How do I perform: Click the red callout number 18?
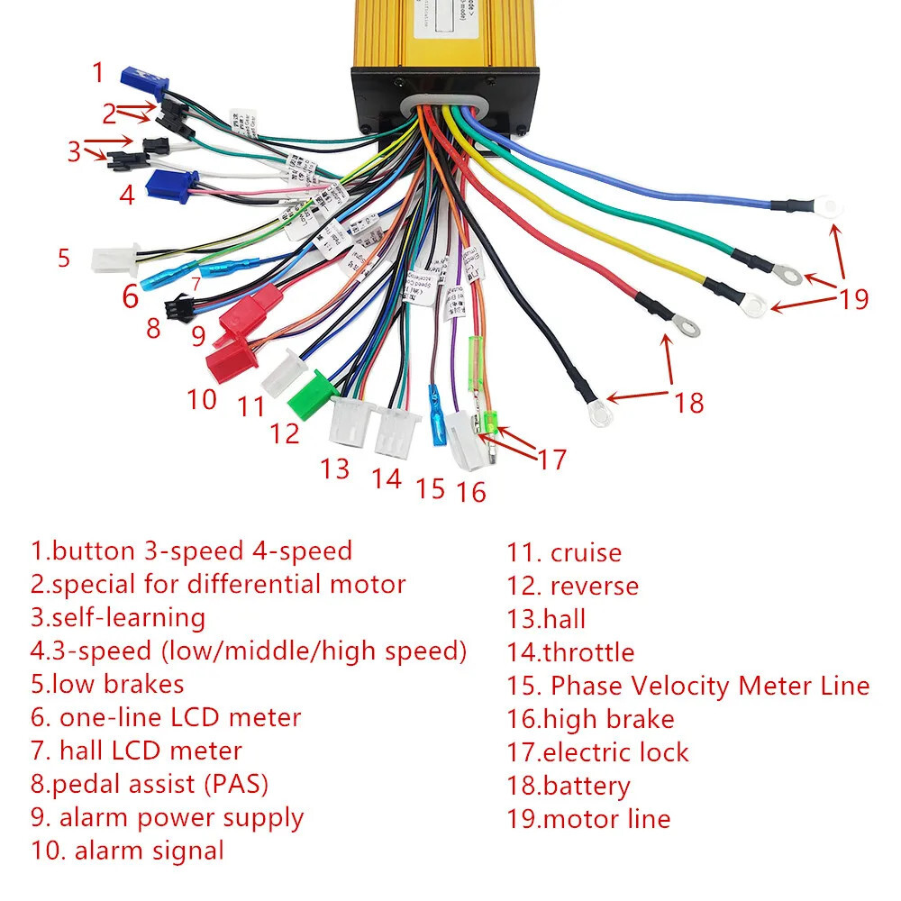[x=689, y=402]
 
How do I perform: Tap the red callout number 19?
[x=853, y=298]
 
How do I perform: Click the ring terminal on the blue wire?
[x=828, y=207]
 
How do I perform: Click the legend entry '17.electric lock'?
[x=597, y=752]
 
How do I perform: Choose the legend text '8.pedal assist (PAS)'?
[x=150, y=784]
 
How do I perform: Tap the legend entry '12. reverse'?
[x=572, y=586]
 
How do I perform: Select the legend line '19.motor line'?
[x=588, y=819]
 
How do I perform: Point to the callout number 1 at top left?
[x=98, y=72]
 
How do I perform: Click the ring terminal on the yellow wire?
[x=754, y=305]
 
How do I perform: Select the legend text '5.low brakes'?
[x=107, y=684]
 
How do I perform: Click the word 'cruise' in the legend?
[x=586, y=552]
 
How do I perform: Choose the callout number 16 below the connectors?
[x=470, y=491]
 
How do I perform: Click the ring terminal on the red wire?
[x=687, y=329]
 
